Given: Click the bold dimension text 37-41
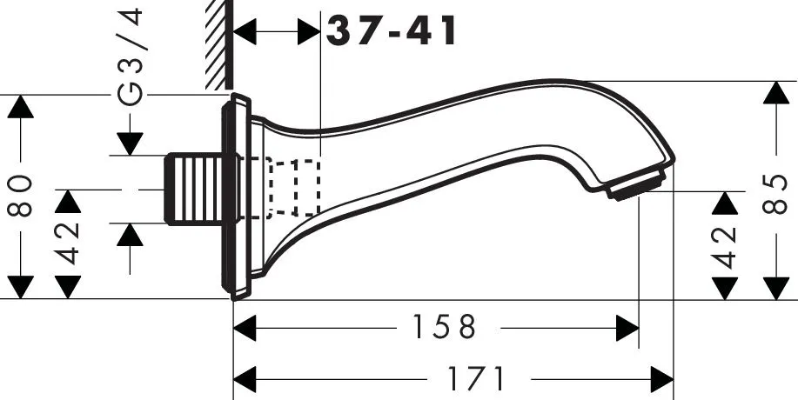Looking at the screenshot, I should coord(392,32).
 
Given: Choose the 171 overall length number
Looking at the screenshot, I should coord(477,379).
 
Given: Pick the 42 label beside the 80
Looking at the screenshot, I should coord(70,243).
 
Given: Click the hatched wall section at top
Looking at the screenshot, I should coord(218,43).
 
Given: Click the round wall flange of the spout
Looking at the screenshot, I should coord(236,198).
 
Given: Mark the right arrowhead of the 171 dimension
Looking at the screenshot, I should coord(661,379).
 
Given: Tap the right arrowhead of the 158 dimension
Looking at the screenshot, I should coord(627,328).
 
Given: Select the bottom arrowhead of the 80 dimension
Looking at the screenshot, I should coord(21,287).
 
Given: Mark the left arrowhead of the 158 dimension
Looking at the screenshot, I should coord(247,328).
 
